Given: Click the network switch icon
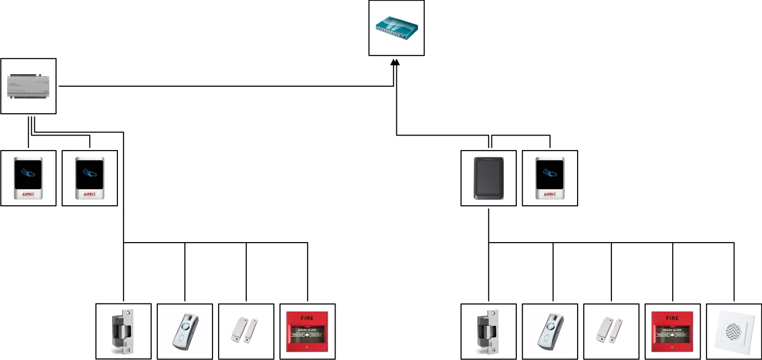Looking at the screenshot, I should coord(397,28).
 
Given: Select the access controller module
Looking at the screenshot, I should coord(29,86).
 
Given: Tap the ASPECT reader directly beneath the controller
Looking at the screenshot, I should coord(29,178).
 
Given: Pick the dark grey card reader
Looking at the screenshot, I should coord(488,178).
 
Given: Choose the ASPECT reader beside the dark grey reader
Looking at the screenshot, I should coord(550,178).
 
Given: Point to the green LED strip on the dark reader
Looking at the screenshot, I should coord(488,159).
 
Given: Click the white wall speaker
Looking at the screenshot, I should coord(734,331).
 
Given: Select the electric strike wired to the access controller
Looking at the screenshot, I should coord(124,331).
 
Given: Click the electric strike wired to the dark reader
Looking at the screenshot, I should coord(489,331).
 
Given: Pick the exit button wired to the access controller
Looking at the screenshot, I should coord(185,331).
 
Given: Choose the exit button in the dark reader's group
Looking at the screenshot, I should coord(550,331).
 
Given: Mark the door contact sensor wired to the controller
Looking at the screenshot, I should coord(246,331).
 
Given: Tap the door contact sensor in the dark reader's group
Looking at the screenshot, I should coord(611,331).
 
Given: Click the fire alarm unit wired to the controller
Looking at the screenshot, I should coord(308,331).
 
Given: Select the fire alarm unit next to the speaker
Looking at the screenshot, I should coord(672,331).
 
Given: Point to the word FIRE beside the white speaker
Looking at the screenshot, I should coord(672,318).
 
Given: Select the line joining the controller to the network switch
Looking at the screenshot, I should coord(223,86).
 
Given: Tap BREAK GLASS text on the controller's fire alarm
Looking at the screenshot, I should coord(308,330).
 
